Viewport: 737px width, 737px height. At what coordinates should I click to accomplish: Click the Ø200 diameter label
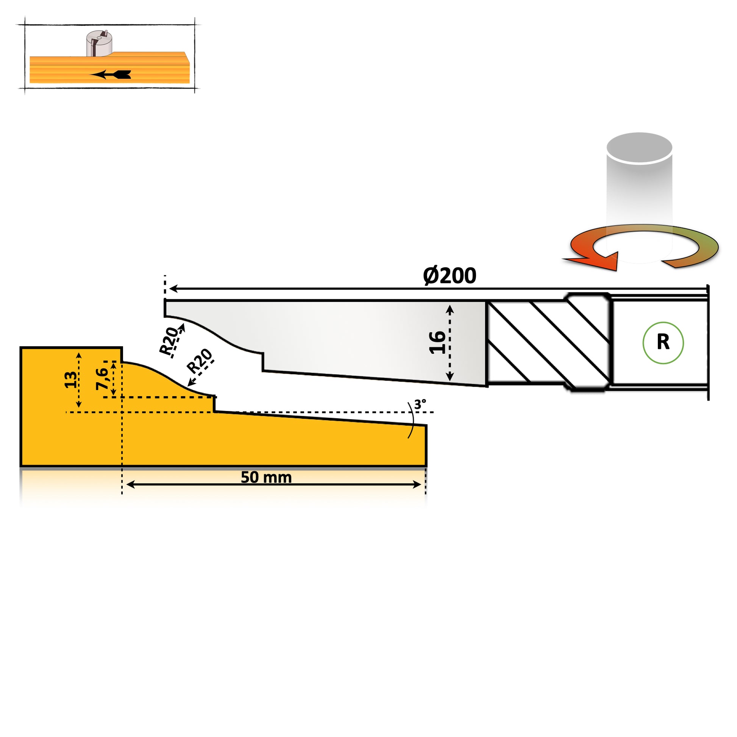pos(450,276)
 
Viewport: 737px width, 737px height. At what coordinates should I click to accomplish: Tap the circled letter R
pos(663,343)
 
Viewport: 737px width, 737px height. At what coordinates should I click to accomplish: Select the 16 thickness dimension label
pos(437,343)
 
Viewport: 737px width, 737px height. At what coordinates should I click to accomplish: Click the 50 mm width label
pos(266,477)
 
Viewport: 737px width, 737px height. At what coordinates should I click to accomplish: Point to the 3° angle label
pos(420,404)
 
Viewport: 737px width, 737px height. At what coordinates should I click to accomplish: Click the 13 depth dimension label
pos(70,380)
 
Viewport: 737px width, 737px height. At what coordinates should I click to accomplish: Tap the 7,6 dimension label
pos(102,379)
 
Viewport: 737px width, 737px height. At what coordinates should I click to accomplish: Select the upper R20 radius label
pos(168,340)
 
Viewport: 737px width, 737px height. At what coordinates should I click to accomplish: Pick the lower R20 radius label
pos(199,361)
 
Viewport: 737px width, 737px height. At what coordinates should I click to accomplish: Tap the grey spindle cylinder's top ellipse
pos(639,148)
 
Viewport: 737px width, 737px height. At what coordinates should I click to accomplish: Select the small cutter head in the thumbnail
pos(99,43)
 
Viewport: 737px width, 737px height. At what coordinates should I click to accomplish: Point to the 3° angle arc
pos(412,420)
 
